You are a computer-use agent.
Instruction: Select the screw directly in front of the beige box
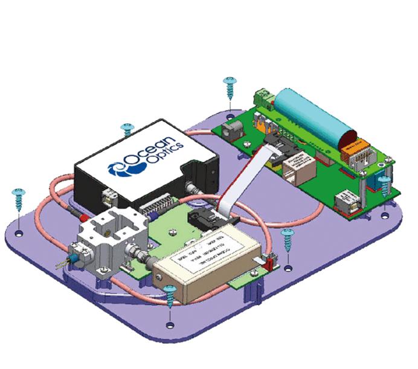pyautogui.click(x=170, y=294)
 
